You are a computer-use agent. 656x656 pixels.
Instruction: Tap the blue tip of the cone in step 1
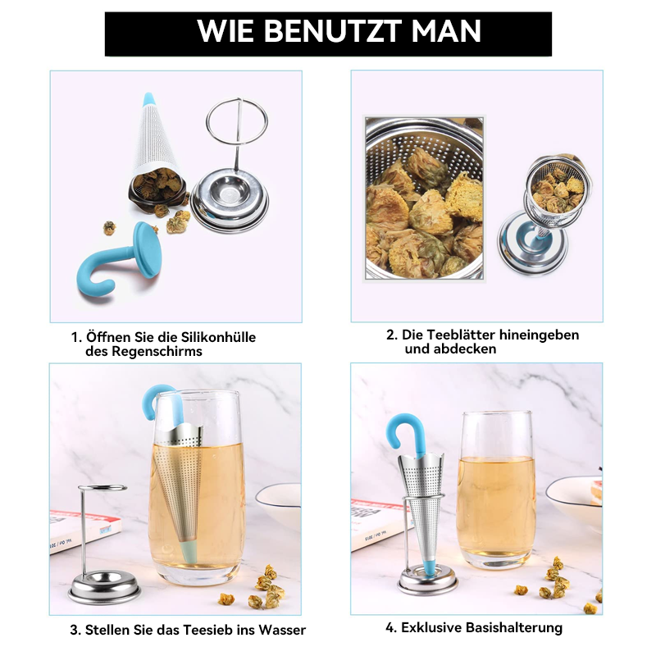pos(149,100)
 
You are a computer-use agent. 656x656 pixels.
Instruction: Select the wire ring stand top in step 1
pos(236,121)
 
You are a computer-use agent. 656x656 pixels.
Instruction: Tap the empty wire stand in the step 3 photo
pos(103,541)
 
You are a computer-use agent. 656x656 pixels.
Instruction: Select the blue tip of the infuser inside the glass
pos(188,552)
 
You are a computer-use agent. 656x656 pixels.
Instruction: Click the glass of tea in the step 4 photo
pos(495,492)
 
